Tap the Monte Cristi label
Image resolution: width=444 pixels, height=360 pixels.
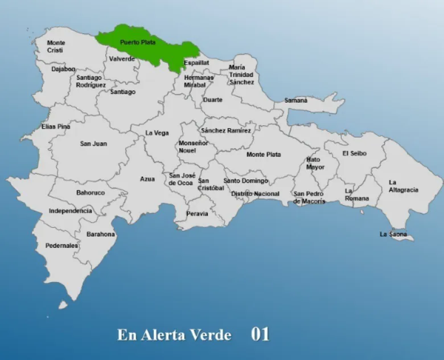56,47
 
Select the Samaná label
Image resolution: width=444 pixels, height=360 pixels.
296,100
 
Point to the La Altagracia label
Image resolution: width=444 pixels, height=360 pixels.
403,186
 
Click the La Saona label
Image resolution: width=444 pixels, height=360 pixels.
393,234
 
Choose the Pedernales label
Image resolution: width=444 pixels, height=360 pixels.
61,246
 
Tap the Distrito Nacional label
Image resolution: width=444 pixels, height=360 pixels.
255,194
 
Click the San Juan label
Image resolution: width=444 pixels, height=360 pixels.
93,144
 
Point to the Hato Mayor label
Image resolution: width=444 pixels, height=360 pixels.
315,163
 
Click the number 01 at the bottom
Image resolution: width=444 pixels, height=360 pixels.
260,334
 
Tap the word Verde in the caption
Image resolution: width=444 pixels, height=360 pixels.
211,335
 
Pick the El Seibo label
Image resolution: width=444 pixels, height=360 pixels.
354,153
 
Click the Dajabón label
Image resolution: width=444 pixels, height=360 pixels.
63,69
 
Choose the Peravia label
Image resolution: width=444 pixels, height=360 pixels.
198,214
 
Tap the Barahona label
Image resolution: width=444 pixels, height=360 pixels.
101,234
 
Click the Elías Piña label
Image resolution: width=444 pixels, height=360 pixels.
56,126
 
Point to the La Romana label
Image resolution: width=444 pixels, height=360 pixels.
356,195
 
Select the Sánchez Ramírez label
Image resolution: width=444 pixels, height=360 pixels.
225,130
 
